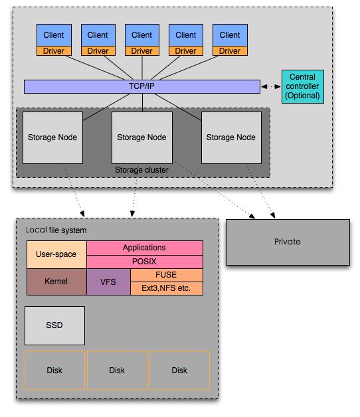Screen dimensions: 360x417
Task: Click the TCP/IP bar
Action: (x=142, y=86)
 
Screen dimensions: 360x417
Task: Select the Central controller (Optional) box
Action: (x=302, y=86)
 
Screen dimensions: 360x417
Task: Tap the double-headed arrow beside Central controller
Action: (x=271, y=86)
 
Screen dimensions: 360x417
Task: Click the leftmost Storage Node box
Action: (x=52, y=137)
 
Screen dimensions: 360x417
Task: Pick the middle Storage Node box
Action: (x=142, y=137)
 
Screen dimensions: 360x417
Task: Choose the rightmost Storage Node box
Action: (x=231, y=137)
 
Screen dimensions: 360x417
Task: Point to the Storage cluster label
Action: (x=141, y=170)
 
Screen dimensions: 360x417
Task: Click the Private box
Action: (x=288, y=242)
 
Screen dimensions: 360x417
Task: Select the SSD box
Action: (x=54, y=325)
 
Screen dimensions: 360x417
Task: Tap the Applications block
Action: (x=145, y=248)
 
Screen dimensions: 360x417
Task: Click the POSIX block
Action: (x=145, y=262)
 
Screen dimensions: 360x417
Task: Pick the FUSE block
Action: (x=166, y=275)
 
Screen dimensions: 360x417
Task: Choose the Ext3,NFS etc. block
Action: (x=166, y=288)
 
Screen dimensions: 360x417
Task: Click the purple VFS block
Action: (x=108, y=282)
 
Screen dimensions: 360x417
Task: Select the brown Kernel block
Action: (x=56, y=282)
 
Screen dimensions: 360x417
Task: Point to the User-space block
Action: (x=56, y=254)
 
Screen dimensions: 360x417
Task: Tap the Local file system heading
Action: (x=56, y=230)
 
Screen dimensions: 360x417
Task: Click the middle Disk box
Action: (x=117, y=371)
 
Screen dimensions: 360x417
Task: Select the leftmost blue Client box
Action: (x=54, y=35)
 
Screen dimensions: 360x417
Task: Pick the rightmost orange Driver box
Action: (x=230, y=50)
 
